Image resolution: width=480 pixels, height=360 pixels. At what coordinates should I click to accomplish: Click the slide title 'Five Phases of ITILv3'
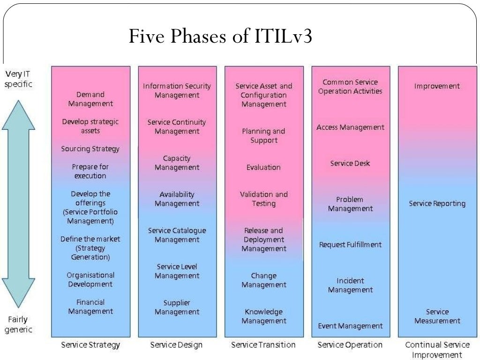(x=220, y=36)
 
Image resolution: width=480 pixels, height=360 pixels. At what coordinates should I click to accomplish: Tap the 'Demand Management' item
(x=90, y=99)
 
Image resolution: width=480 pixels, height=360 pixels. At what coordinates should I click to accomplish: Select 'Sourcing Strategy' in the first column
(x=90, y=149)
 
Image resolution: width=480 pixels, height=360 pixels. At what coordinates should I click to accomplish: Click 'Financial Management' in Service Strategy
(x=90, y=307)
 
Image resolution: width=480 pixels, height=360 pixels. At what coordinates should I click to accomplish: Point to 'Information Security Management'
(x=177, y=90)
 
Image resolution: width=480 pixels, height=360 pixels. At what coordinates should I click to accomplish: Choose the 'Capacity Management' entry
(x=177, y=163)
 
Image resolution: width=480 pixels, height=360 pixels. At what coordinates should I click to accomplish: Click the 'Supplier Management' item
(x=177, y=307)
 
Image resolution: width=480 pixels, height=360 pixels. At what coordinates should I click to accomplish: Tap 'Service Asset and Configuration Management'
(x=263, y=95)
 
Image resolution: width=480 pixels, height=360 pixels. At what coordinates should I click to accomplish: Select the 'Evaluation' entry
(x=263, y=167)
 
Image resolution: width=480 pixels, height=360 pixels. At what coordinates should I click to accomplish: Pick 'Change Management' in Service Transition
(x=263, y=280)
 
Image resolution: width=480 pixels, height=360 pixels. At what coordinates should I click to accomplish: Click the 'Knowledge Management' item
(x=263, y=316)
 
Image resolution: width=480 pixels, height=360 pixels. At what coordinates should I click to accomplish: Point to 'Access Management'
(x=350, y=127)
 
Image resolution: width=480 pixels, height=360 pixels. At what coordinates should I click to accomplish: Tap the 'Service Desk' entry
(x=350, y=163)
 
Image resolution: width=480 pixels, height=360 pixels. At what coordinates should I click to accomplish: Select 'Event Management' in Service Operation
(x=350, y=326)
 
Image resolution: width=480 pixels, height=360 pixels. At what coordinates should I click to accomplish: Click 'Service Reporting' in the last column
(x=437, y=203)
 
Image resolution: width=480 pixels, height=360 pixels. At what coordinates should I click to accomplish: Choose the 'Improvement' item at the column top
(x=437, y=86)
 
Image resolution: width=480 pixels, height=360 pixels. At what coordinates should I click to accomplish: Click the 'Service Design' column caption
(x=176, y=345)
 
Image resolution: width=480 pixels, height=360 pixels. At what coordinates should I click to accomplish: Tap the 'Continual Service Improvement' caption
(x=437, y=350)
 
